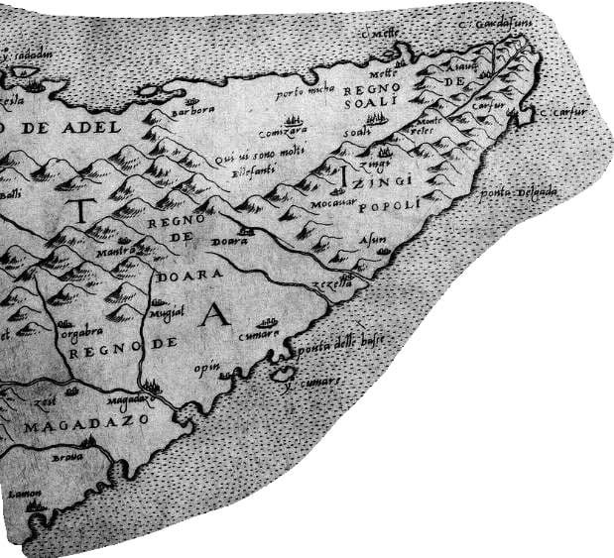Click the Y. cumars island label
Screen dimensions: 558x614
click(x=314, y=380)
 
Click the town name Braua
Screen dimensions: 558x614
click(x=65, y=460)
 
